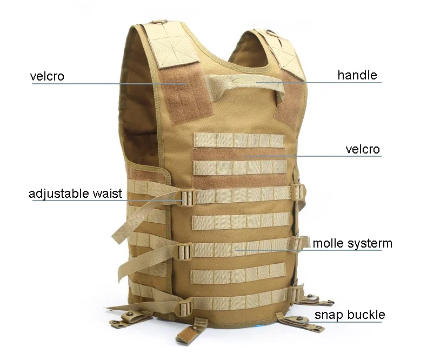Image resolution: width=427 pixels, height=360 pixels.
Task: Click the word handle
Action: pyautogui.click(x=357, y=75)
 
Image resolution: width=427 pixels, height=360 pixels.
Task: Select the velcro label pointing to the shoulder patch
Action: pyautogui.click(x=47, y=76)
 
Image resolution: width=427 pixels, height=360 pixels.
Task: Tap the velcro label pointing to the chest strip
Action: pyautogui.click(x=363, y=149)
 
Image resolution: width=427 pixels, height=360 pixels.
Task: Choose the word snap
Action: pyautogui.click(x=330, y=315)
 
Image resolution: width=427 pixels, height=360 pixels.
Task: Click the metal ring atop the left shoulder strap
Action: pyautogui.click(x=158, y=22)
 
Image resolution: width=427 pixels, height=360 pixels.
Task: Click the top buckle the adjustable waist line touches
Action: pyautogui.click(x=186, y=198)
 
